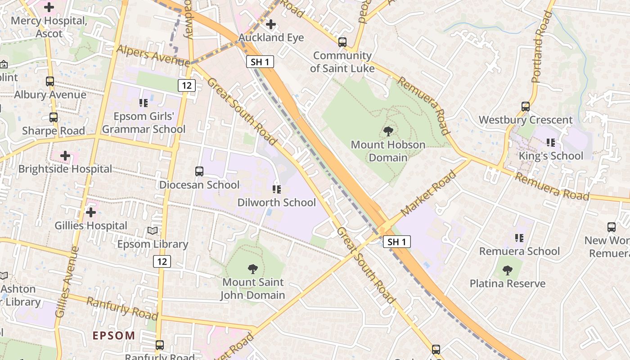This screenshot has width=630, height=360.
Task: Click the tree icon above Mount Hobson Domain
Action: [x=388, y=131]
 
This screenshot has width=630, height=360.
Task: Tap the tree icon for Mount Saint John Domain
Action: [x=253, y=269]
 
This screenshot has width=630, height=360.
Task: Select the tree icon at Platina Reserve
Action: [x=508, y=270]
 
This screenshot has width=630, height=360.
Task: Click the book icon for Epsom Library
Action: [x=153, y=231]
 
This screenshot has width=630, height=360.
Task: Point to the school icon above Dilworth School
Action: [x=277, y=189]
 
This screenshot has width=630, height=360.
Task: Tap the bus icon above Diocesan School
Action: [x=199, y=171]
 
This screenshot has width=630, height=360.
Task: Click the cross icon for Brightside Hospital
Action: [x=65, y=156]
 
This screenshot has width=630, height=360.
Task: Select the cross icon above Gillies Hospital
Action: [x=91, y=212]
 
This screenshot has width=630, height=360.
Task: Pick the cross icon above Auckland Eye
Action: [x=271, y=24]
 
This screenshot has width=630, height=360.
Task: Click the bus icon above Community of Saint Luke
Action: [x=342, y=42]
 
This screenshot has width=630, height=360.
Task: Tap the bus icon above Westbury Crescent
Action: [x=525, y=107]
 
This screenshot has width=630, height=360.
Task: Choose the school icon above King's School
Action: [x=550, y=143]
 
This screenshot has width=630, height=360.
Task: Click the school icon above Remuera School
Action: [x=519, y=238]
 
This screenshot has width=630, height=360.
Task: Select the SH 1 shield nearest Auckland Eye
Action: [x=260, y=62]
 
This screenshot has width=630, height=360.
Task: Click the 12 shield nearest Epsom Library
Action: [x=162, y=261]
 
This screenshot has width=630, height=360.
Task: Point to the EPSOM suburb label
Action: [x=114, y=336]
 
